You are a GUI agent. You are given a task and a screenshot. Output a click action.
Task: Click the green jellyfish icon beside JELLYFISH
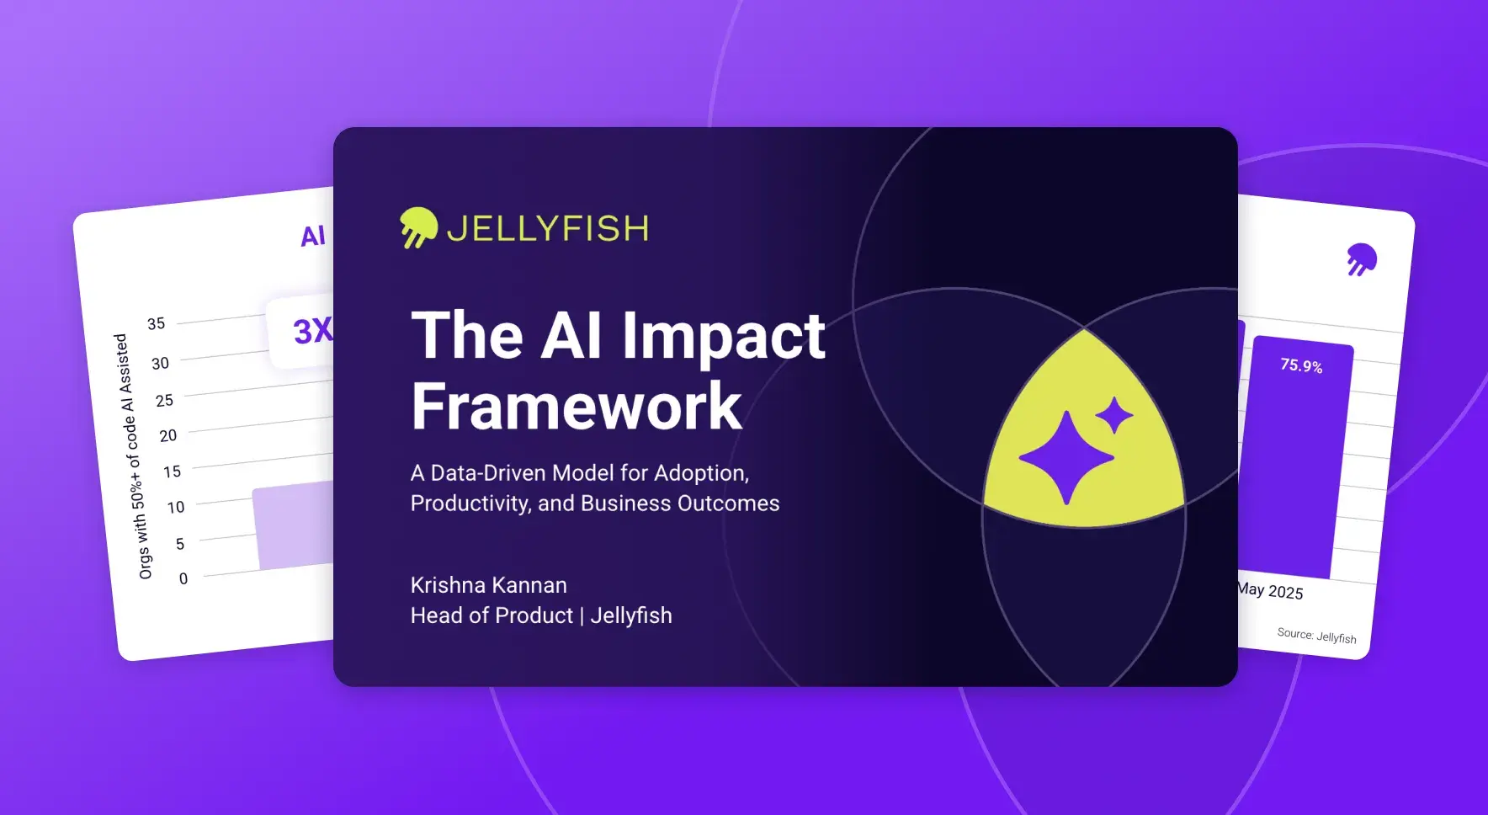418,227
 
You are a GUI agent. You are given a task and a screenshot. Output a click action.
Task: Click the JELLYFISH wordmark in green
548,229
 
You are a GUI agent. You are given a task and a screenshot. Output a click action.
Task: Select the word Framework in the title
577,406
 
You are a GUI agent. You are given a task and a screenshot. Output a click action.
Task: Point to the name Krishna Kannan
489,585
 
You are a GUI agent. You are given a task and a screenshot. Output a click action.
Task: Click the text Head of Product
492,615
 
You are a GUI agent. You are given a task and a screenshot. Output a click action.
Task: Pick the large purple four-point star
1066,458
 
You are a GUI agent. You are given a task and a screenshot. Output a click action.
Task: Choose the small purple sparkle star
1114,415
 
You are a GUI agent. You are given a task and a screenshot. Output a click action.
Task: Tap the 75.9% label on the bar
1301,365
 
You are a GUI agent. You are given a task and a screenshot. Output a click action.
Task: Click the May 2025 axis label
1270,590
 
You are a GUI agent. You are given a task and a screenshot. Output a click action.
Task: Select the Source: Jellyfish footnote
1316,636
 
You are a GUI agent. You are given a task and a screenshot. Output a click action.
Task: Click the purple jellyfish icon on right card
1361,259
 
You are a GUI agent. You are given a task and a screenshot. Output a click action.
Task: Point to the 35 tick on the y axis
157,323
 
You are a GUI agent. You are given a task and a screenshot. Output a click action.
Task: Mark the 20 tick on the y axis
168,435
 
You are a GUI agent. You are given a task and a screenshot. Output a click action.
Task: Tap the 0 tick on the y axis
183,578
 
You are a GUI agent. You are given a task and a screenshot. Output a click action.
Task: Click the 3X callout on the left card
312,331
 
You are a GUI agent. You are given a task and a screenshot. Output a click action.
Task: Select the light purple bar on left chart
294,525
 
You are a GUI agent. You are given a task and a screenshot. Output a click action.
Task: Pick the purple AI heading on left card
313,236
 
